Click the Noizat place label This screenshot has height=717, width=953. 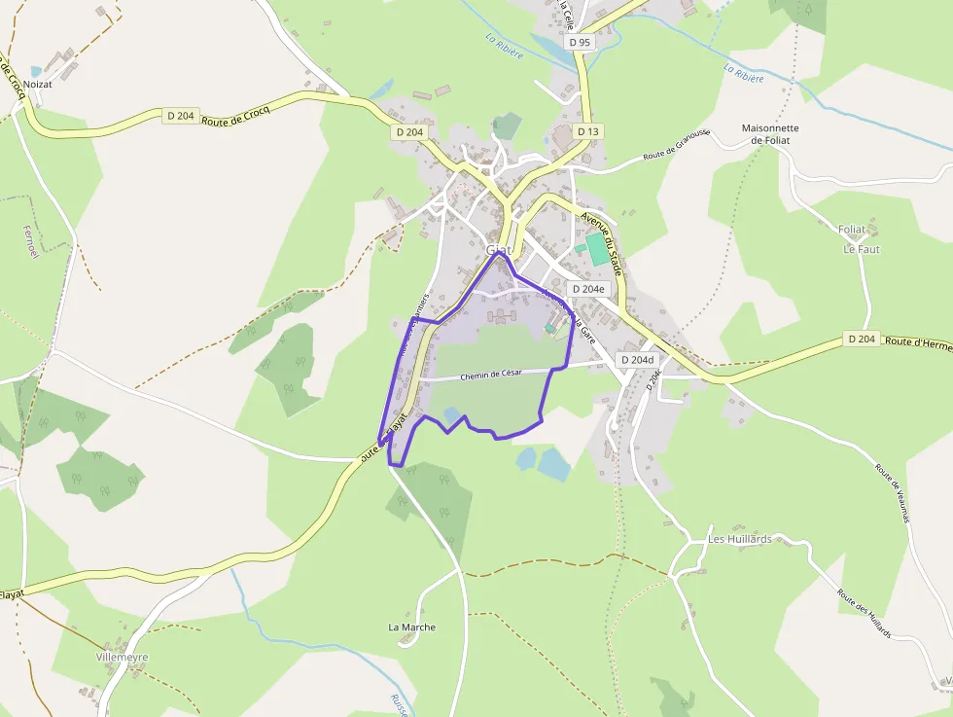pos(51,85)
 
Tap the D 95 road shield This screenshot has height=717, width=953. pos(581,42)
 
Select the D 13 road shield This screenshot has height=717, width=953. pos(586,131)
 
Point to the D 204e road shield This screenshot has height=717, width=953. pos(587,289)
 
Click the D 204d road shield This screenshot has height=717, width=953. pos(637,360)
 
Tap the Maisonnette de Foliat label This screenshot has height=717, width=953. pos(769,134)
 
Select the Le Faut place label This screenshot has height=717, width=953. pos(861,249)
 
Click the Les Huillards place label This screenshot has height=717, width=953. pos(739,539)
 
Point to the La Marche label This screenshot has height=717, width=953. pos(412,627)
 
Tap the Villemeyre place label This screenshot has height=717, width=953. pos(123,658)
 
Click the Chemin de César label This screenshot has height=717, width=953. pos(491,374)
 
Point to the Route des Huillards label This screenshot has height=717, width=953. pos(864,612)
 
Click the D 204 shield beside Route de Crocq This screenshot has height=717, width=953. pos(181,116)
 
